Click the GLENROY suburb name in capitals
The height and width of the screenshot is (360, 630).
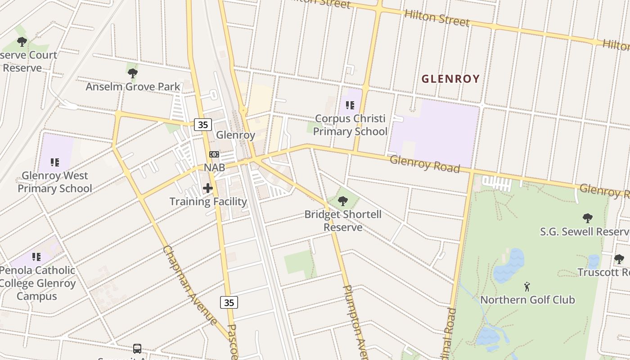pyautogui.click(x=450, y=79)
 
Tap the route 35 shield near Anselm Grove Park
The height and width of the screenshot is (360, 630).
pyautogui.click(x=203, y=125)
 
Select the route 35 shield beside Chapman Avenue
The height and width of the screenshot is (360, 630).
pyautogui.click(x=229, y=302)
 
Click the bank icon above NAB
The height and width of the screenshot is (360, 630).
pyautogui.click(x=214, y=154)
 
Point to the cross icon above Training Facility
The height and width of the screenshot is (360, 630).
pyautogui.click(x=208, y=188)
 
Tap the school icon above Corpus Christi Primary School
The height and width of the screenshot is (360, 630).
pyautogui.click(x=350, y=105)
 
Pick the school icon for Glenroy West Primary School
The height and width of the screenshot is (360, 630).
pyautogui.click(x=55, y=162)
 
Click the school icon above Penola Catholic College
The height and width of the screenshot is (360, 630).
pyautogui.click(x=36, y=257)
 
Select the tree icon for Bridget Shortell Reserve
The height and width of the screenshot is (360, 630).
pyautogui.click(x=343, y=201)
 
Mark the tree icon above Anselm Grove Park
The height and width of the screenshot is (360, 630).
pyautogui.click(x=133, y=73)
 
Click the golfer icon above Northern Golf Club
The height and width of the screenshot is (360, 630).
pyautogui.click(x=527, y=286)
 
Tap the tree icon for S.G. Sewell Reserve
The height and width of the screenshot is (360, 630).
pyautogui.click(x=587, y=218)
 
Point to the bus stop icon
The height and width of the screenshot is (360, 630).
pyautogui.click(x=137, y=348)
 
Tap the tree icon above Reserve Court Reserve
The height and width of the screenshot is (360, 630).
pyautogui.click(x=22, y=42)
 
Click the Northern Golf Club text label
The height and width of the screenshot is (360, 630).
pyautogui.click(x=527, y=300)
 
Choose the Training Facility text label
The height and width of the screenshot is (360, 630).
pyautogui.click(x=208, y=202)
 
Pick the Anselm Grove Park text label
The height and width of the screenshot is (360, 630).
pyautogui.click(x=133, y=87)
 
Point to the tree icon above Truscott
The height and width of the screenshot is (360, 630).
pyautogui.click(x=619, y=259)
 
